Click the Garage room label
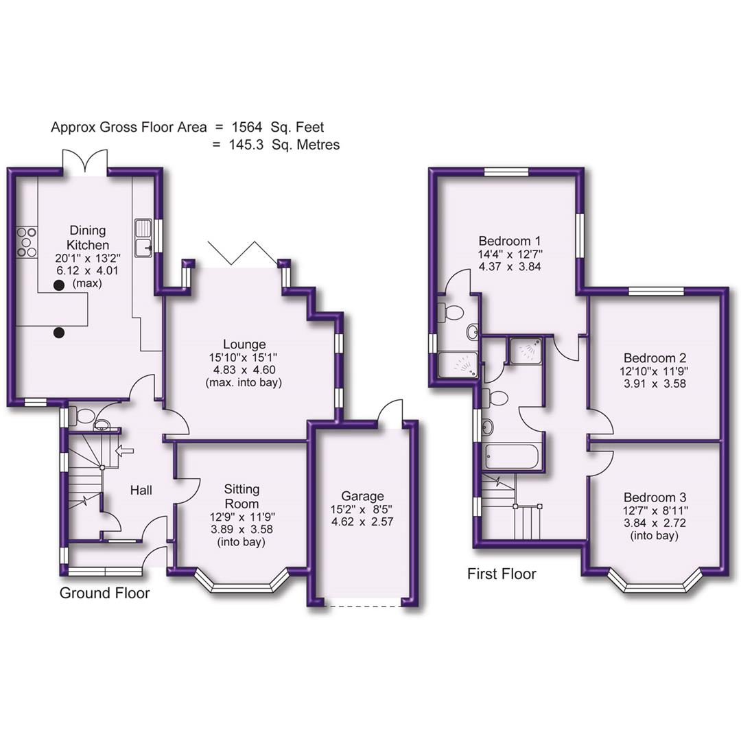click(x=363, y=496)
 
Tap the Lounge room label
click(x=244, y=344)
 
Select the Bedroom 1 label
click(x=510, y=241)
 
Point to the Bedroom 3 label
click(x=655, y=497)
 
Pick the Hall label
click(x=141, y=491)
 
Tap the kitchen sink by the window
click(x=143, y=237)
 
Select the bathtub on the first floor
click(x=513, y=456)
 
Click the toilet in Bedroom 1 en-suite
click(x=452, y=313)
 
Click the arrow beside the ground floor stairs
click(x=125, y=451)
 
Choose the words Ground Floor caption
click(x=104, y=593)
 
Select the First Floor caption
click(x=502, y=574)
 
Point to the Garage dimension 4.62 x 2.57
click(x=363, y=521)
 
